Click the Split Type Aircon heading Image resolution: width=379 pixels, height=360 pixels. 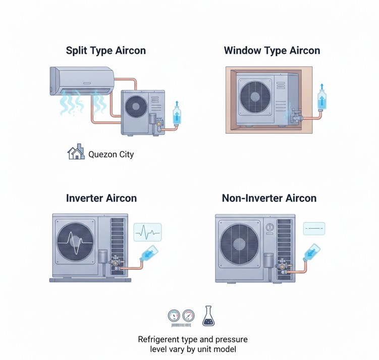pyautogui.click(x=105, y=50)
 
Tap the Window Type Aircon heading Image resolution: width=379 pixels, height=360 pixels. pyautogui.click(x=272, y=50)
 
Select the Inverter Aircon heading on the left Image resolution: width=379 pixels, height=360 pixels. pyautogui.click(x=101, y=198)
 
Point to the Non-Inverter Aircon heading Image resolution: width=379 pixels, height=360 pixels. pyautogui.click(x=269, y=198)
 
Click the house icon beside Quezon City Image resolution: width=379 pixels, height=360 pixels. pyautogui.click(x=76, y=153)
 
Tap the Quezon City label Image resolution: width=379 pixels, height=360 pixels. pyautogui.click(x=111, y=154)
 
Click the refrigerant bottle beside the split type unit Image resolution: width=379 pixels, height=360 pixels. pyautogui.click(x=177, y=114)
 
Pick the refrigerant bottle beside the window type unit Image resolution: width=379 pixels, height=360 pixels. pyautogui.click(x=320, y=98)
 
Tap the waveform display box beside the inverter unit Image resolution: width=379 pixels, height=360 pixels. pyautogui.click(x=147, y=232)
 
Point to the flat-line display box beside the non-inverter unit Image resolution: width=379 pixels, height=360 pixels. pyautogui.click(x=314, y=229)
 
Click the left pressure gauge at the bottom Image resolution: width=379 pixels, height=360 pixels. pyautogui.click(x=174, y=316)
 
